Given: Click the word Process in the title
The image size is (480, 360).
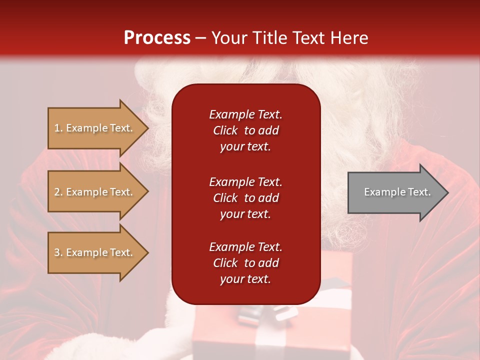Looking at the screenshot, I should (x=157, y=38).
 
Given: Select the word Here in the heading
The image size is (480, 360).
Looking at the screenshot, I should (x=348, y=38).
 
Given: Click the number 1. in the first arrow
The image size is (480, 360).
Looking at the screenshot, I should (x=58, y=128).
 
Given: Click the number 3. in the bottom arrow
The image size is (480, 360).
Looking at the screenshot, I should (x=58, y=253).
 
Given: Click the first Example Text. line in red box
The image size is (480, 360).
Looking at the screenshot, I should (x=245, y=114).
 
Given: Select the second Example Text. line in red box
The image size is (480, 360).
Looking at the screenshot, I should (x=245, y=182).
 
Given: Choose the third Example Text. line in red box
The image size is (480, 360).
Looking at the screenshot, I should (x=245, y=247).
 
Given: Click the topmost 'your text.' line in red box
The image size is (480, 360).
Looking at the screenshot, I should (x=245, y=147).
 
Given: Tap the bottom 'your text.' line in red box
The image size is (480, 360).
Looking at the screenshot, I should (x=245, y=279).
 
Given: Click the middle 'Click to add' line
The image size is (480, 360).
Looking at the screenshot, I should (x=245, y=198).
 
